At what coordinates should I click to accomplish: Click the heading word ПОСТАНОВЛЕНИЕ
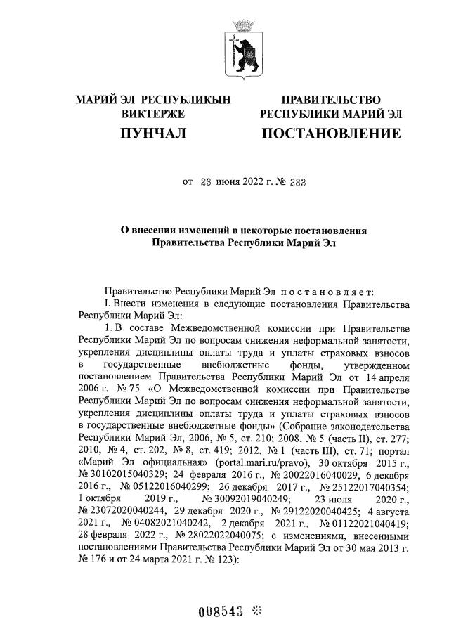click(331, 134)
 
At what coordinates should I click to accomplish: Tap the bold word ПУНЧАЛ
click(152, 134)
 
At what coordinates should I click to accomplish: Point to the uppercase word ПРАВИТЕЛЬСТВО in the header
click(331, 100)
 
